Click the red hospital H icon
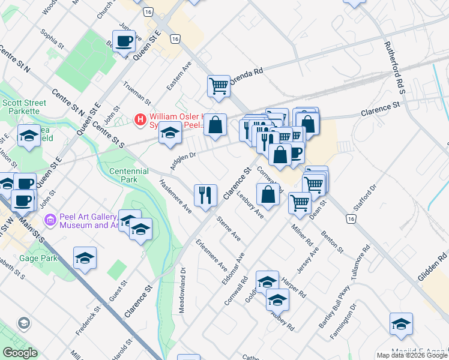tap(140, 120)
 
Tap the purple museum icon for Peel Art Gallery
tap(50, 220)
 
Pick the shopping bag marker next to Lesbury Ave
tap(268, 194)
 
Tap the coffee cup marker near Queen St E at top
tap(124, 41)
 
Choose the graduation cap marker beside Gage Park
tap(85, 257)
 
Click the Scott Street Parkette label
tap(24, 107)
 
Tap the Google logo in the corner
tap(20, 353)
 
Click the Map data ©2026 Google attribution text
tap(412, 355)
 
